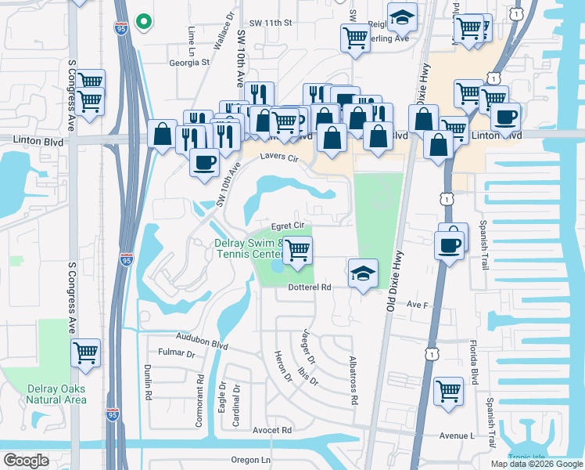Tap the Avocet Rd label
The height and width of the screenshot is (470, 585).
[272, 430]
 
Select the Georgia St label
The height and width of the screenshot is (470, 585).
[190, 62]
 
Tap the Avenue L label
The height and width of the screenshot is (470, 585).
[458, 436]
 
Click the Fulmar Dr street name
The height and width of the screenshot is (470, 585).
[176, 353]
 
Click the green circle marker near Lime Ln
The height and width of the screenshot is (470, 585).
[142, 22]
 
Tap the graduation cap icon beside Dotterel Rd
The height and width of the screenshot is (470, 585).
[362, 273]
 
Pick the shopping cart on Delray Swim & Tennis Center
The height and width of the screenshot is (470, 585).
[297, 251]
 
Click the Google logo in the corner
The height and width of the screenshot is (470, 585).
[26, 461]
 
